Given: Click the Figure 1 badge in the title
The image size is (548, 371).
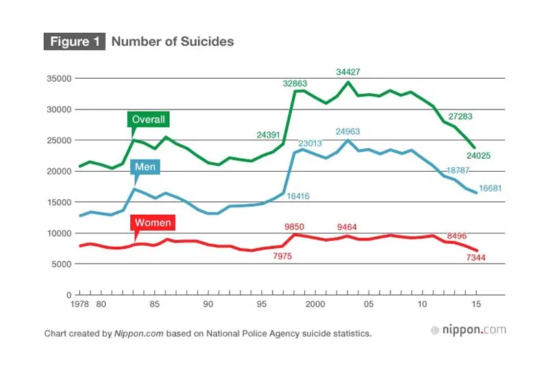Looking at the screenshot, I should pyautogui.click(x=75, y=41).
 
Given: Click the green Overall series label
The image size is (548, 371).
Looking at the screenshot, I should pyautogui.click(x=149, y=119).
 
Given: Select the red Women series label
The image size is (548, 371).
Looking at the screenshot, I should pyautogui.click(x=153, y=222).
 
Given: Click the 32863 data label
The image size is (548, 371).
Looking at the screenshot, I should pyautogui.click(x=297, y=84).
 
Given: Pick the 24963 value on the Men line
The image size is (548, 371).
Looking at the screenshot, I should pyautogui.click(x=349, y=131).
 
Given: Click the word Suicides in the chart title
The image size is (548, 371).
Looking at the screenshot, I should pyautogui.click(x=208, y=42).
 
